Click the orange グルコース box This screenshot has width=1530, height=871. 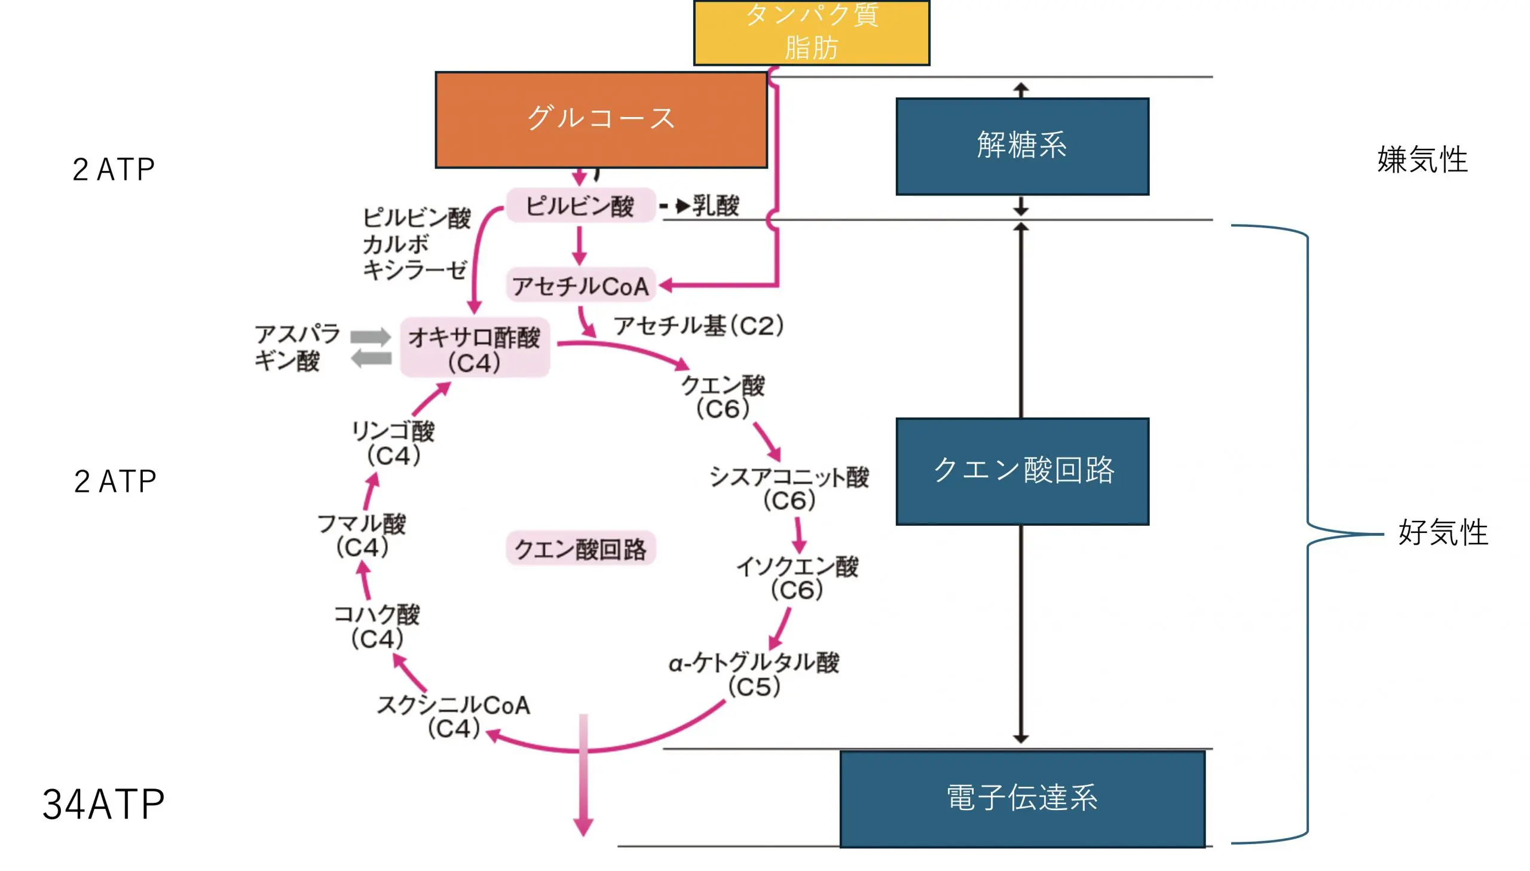[601, 119]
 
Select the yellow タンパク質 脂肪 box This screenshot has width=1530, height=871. [811, 32]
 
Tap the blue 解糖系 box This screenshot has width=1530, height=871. [1021, 146]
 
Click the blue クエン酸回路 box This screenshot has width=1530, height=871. [1021, 471]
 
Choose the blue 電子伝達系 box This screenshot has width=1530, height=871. [1021, 798]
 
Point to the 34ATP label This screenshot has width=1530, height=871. [103, 804]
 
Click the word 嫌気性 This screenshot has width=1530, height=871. [1422, 160]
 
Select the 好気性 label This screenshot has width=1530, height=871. [1442, 532]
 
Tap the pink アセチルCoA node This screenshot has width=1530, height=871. [580, 286]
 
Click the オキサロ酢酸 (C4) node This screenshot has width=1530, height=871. [475, 349]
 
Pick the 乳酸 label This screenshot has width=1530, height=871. [715, 205]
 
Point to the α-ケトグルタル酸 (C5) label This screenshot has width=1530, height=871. [754, 674]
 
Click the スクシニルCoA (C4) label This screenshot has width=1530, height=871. [454, 716]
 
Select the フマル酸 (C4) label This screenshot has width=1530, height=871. [362, 535]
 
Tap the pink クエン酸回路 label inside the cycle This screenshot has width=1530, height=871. [580, 548]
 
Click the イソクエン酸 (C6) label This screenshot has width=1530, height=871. [797, 578]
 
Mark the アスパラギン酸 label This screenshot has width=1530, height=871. [297, 347]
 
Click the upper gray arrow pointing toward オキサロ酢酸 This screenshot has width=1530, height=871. [371, 337]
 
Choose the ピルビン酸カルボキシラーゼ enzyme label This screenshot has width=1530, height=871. [416, 244]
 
